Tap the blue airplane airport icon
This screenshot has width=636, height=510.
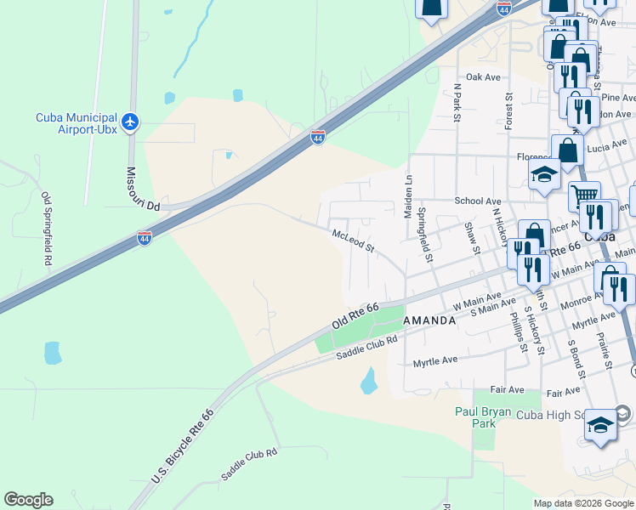click(130, 123)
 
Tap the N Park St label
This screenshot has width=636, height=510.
click(457, 102)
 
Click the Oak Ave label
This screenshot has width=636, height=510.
click(483, 77)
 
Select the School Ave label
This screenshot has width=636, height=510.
click(477, 201)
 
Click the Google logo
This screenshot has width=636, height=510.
click(28, 500)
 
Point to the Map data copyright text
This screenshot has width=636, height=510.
click(583, 503)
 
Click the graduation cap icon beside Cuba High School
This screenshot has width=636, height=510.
click(600, 425)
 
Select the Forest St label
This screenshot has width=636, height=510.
click(508, 111)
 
